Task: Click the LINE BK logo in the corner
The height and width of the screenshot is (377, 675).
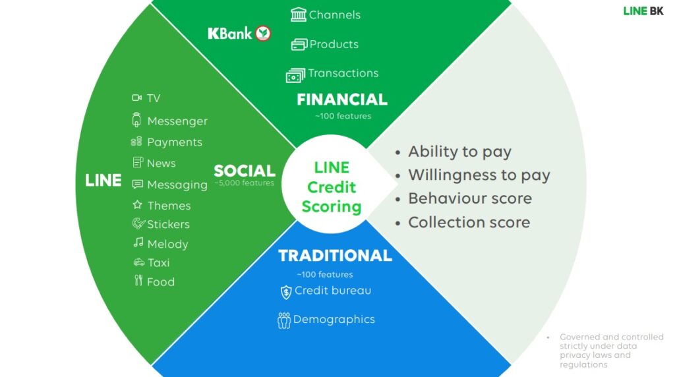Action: pyautogui.click(x=643, y=11)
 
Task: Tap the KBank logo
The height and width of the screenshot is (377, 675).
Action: pyautogui.click(x=239, y=33)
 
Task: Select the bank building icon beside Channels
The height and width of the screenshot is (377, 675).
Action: pyautogui.click(x=299, y=14)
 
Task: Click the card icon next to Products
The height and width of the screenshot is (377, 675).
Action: pyautogui.click(x=299, y=44)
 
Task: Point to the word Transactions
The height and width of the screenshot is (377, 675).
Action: pyautogui.click(x=343, y=73)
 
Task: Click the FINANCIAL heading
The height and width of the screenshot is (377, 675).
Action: pyautogui.click(x=342, y=100)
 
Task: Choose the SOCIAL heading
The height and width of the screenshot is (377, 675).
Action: pyautogui.click(x=244, y=171)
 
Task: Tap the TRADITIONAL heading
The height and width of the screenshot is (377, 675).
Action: pyautogui.click(x=335, y=256)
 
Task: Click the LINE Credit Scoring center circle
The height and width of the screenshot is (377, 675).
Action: pyautogui.click(x=332, y=187)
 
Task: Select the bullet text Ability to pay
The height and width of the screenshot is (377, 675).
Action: pyautogui.click(x=459, y=152)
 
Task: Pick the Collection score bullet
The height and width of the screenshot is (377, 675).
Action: pyautogui.click(x=469, y=223)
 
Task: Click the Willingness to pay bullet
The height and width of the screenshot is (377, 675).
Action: pyautogui.click(x=479, y=175)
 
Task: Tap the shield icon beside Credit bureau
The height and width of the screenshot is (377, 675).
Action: pyautogui.click(x=286, y=292)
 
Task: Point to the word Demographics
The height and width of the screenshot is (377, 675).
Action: pyautogui.click(x=334, y=320)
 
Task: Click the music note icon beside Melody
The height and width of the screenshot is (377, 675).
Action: pyautogui.click(x=138, y=243)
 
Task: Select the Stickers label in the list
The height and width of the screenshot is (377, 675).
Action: pyautogui.click(x=168, y=225)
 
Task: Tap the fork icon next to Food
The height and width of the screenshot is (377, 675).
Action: pyautogui.click(x=138, y=281)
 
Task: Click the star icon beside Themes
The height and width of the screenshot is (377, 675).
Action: pyautogui.click(x=137, y=205)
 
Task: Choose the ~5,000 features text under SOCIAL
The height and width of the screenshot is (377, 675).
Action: pyautogui.click(x=244, y=183)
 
